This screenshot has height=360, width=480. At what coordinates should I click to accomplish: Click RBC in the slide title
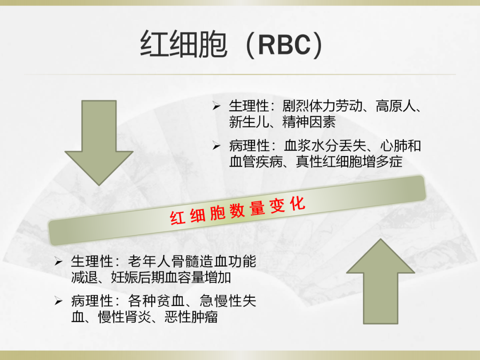click(284, 45)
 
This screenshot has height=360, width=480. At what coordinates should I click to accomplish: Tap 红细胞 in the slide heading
click(184, 44)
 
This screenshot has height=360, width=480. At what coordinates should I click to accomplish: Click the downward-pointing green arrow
click(99, 143)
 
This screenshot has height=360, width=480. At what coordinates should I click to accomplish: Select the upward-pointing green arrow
click(380, 281)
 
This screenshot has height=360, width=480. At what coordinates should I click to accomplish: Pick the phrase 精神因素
click(309, 122)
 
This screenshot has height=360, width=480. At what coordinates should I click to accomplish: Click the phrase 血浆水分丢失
click(324, 146)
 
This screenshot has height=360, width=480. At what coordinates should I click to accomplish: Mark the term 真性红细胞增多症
click(349, 162)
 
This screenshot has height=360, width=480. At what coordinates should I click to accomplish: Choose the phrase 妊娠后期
click(138, 278)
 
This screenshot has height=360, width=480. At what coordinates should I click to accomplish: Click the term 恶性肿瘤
click(191, 317)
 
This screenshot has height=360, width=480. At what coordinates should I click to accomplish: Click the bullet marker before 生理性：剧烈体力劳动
click(216, 107)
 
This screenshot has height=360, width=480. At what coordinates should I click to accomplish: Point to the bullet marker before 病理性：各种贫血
click(59, 301)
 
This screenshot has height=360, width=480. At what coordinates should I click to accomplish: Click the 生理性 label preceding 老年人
click(92, 262)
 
